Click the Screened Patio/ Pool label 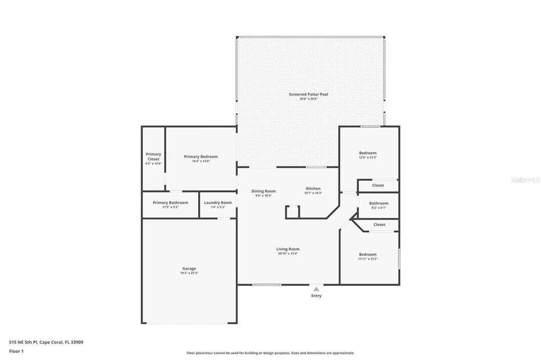coord(308,94)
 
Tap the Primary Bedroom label coord(201,157)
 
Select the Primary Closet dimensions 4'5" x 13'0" coord(153,164)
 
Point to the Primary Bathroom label coord(170,203)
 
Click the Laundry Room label coord(218,203)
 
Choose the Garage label coord(189,269)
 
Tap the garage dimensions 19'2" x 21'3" coord(189,273)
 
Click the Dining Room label coord(263,191)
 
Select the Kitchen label coord(313,188)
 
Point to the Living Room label coord(287,249)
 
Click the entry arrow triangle coord(316,289)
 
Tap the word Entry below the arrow coord(316,296)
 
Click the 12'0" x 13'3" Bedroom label coord(368,153)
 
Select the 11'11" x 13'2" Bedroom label coord(368,254)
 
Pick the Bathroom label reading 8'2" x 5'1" coord(378,203)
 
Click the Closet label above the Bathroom coord(378,185)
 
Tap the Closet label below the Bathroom coord(379,224)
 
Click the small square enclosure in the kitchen coord(292,212)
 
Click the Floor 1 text coord(16,350)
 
